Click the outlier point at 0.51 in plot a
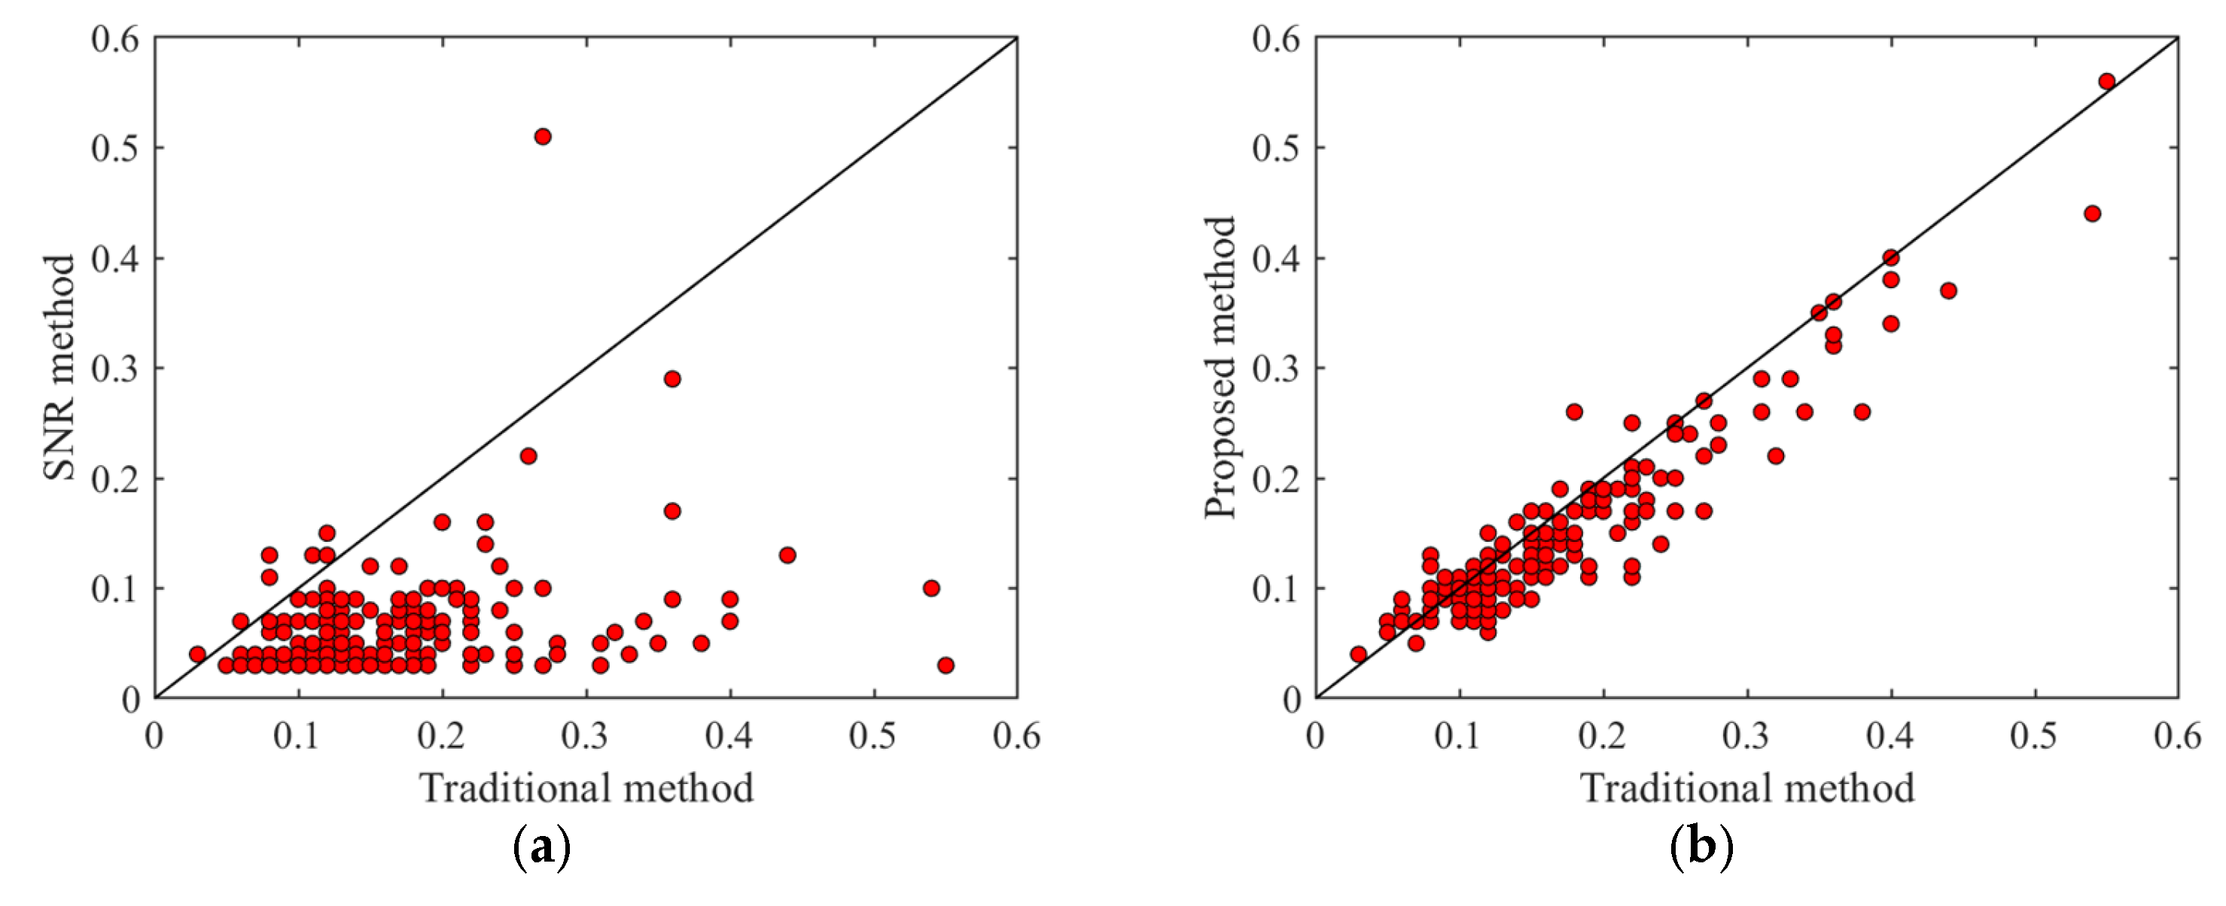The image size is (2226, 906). pyautogui.click(x=543, y=136)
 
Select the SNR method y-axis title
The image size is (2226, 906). pyautogui.click(x=59, y=367)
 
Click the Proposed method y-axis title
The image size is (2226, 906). pyautogui.click(x=1220, y=367)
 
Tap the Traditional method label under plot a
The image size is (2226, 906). pyautogui.click(x=586, y=788)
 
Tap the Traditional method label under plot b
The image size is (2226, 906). pyautogui.click(x=1747, y=788)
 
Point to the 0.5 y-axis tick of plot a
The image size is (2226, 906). pyautogui.click(x=115, y=147)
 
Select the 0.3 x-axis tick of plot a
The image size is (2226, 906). pyautogui.click(x=586, y=736)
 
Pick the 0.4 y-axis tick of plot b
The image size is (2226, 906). pyautogui.click(x=1276, y=258)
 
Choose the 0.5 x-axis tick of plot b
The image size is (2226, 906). pyautogui.click(x=2035, y=736)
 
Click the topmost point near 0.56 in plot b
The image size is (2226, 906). pyautogui.click(x=2107, y=81)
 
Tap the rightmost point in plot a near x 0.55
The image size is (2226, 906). pyautogui.click(x=946, y=665)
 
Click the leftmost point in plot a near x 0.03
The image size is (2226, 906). pyautogui.click(x=198, y=654)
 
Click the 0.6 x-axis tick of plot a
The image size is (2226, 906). pyautogui.click(x=1016, y=736)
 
